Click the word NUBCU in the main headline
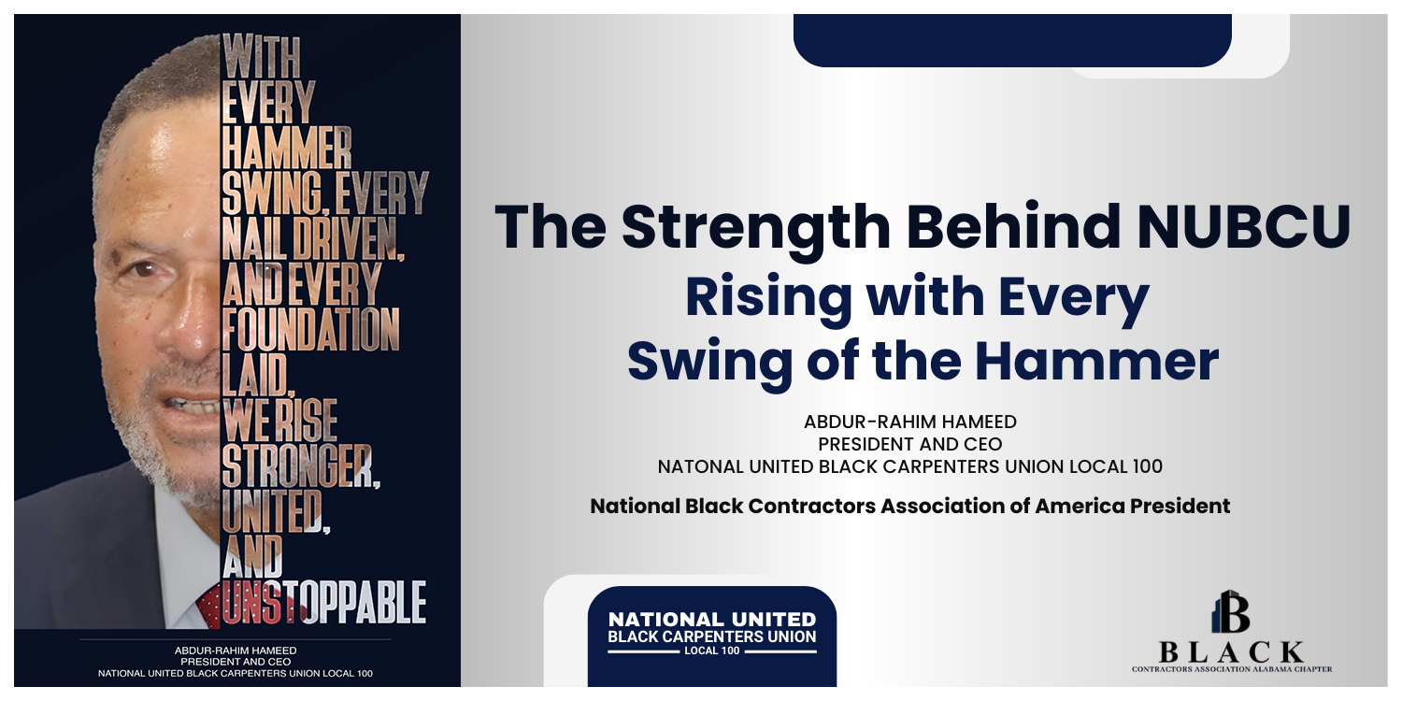click(1244, 226)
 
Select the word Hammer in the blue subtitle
click(1096, 362)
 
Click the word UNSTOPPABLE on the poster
click(324, 603)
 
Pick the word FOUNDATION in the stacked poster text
click(310, 329)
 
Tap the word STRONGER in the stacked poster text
click(300, 466)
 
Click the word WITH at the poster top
click(261, 56)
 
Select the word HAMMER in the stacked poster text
click(287, 148)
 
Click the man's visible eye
click(143, 269)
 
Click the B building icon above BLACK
click(1231, 611)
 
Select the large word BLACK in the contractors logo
click(1231, 652)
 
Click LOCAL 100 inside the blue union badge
click(711, 651)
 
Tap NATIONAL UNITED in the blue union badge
click(712, 620)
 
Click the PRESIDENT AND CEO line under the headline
click(910, 444)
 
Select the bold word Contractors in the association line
click(812, 506)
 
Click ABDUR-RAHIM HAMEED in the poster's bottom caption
click(236, 651)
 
